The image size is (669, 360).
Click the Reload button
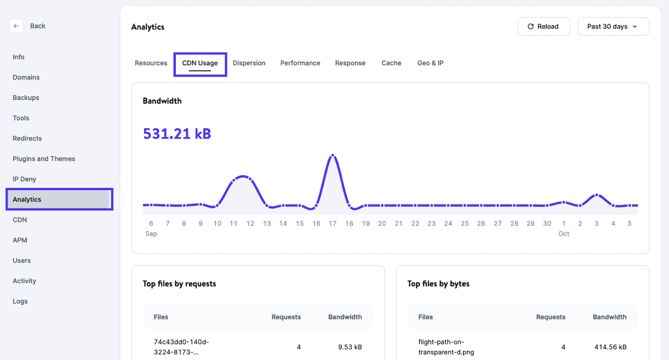click(x=543, y=27)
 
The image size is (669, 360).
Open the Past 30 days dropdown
click(x=613, y=27)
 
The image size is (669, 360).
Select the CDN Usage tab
click(x=200, y=63)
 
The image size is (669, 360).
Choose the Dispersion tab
click(x=249, y=63)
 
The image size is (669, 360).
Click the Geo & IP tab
click(x=430, y=63)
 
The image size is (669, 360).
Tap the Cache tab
click(x=391, y=63)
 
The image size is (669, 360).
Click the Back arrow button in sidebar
click(x=16, y=26)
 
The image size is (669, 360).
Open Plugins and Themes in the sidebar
click(x=44, y=159)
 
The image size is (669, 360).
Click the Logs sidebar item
click(x=20, y=301)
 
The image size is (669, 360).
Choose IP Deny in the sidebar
click(x=24, y=179)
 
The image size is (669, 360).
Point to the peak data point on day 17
click(x=332, y=155)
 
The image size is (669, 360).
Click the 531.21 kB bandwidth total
click(x=177, y=133)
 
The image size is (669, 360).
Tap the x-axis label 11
click(x=234, y=223)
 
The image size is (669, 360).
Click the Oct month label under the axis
click(x=563, y=234)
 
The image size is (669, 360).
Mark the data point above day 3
click(x=596, y=195)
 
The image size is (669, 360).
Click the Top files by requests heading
click(x=179, y=284)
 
